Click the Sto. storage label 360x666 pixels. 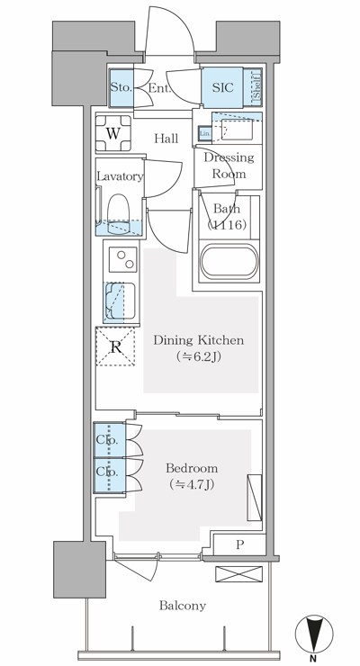point(121,87)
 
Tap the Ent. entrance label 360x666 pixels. point(159,88)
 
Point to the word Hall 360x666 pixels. point(166,139)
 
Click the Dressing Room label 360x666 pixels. point(228,166)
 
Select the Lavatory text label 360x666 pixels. point(121,176)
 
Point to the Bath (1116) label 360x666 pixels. point(227,217)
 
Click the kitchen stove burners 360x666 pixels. point(120,261)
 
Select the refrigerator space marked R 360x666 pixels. point(115,346)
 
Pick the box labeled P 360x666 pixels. point(238,544)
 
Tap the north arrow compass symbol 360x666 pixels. point(312,634)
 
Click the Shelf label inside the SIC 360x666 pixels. point(256,87)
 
